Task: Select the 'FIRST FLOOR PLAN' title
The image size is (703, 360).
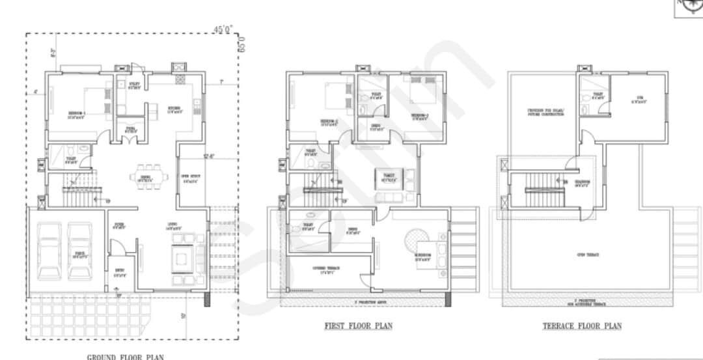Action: [359, 325]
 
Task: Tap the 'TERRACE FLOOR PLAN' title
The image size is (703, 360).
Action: [582, 325]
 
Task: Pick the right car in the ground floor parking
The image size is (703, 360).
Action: [79, 251]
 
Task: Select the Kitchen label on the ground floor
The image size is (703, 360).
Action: [174, 109]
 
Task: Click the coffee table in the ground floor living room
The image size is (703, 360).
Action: [182, 260]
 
